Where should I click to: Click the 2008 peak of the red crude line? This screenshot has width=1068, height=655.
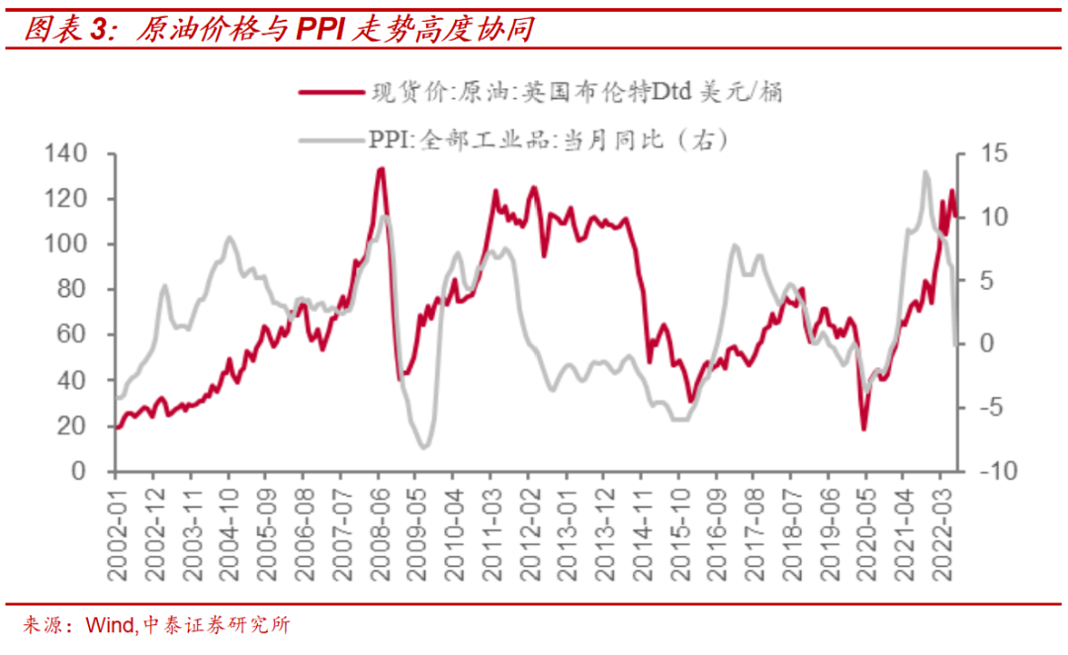pos(381,169)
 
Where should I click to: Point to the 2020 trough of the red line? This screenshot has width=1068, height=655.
pos(864,428)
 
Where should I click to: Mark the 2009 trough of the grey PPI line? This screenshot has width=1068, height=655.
pos(424,447)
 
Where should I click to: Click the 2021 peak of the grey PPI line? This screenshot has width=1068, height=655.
pos(926,172)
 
